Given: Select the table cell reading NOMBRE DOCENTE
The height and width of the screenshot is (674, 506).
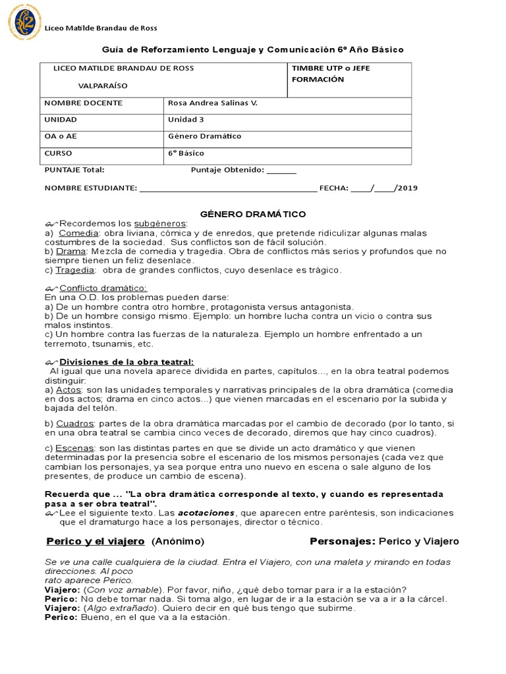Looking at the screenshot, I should pos(83,103).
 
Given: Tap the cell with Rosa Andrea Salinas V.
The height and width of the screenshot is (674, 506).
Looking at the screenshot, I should pos(213,103).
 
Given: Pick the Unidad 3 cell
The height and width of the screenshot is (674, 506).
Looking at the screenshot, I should pos(186,120).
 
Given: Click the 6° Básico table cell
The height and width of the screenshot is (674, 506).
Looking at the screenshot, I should pos(186,153).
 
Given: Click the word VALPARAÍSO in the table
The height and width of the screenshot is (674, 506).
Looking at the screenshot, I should pos(103,86).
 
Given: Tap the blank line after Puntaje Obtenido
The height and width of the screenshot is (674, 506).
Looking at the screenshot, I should pos(281,170).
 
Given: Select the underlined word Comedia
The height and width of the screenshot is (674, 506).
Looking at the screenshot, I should pos(78,233).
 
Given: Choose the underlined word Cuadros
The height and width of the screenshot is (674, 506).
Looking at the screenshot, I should pos(75,423).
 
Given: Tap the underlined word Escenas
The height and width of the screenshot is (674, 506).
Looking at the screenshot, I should pos(75,448).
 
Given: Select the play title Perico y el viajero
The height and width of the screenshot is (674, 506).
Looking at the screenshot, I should pos(96,542).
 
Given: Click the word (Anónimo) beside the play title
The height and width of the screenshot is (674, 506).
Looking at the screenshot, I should pos(178,542).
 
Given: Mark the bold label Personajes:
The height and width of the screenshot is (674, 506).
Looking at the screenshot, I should pos(343,542).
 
